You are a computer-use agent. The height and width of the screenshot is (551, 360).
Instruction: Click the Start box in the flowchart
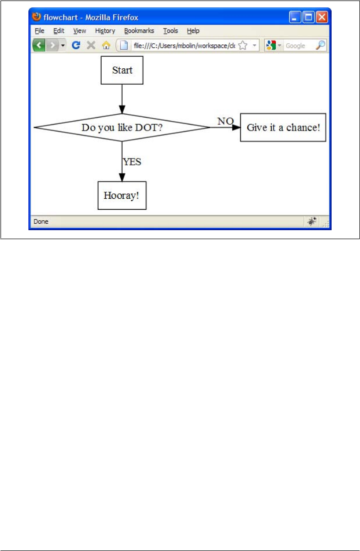122,70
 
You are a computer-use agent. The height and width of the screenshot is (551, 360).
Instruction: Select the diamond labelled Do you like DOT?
122,128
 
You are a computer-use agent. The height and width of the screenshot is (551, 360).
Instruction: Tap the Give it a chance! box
283,128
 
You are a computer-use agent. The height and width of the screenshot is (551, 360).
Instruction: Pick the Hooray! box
122,195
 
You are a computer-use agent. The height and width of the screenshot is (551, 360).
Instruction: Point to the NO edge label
225,121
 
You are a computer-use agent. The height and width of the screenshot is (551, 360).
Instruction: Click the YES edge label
132,161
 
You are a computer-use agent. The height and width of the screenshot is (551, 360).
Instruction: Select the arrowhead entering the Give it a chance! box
236,128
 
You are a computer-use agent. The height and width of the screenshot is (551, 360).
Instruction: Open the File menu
39,31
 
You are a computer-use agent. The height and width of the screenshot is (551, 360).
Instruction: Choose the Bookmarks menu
139,31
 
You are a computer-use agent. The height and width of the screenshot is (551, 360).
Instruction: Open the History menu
105,31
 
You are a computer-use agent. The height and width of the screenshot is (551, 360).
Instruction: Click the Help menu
193,31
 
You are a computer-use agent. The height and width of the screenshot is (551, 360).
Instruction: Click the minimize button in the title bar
295,17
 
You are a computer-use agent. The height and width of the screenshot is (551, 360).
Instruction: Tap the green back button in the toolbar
39,46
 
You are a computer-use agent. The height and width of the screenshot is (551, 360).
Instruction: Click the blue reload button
76,46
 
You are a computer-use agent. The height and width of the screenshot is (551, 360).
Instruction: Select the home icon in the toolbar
106,46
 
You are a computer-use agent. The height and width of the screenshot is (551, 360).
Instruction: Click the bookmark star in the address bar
243,46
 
